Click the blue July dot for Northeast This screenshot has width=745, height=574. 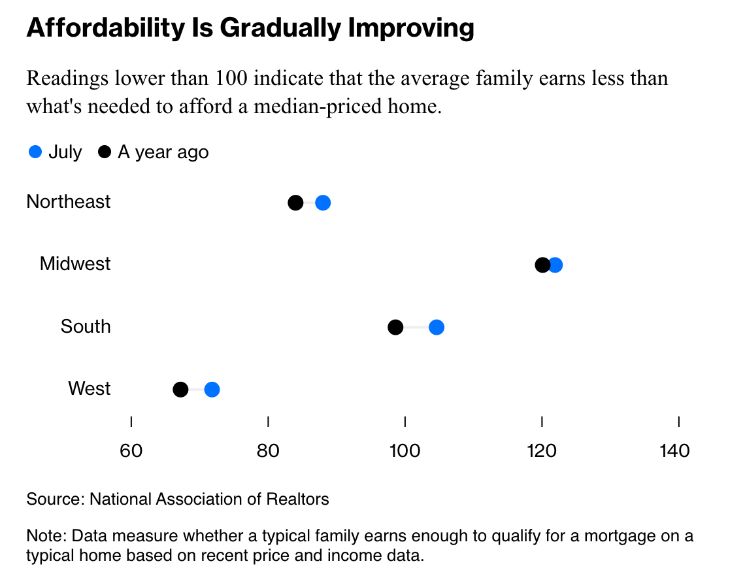[x=323, y=203]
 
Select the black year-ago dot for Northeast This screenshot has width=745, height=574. [x=295, y=203]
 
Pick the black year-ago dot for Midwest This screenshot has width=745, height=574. [x=542, y=265]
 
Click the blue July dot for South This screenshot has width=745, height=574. [x=437, y=327]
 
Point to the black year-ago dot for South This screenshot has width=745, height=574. [x=395, y=327]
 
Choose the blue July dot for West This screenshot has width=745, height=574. [x=212, y=390]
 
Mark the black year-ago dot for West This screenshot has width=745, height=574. [x=180, y=390]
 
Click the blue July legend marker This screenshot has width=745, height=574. [x=35, y=152]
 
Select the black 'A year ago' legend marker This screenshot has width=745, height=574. [x=105, y=152]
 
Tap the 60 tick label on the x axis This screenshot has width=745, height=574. [x=131, y=451]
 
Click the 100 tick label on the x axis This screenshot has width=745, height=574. [x=405, y=451]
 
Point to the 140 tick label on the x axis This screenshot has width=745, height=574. [x=675, y=451]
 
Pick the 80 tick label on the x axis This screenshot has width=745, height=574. [x=268, y=451]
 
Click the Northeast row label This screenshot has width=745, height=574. [x=69, y=201]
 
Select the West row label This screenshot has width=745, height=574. [x=90, y=389]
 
